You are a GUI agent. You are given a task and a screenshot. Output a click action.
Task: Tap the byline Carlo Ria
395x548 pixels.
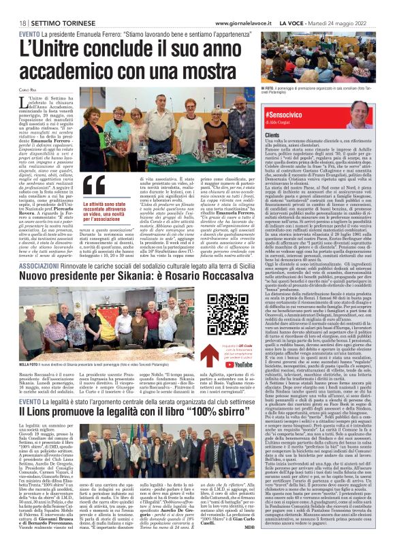pos(28,89)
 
